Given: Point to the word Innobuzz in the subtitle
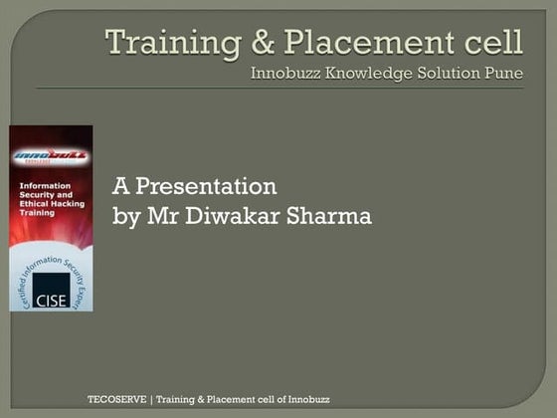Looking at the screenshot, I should (x=284, y=73).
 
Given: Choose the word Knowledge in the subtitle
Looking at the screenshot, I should (x=362, y=73).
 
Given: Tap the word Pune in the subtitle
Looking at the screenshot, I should (x=502, y=73).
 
